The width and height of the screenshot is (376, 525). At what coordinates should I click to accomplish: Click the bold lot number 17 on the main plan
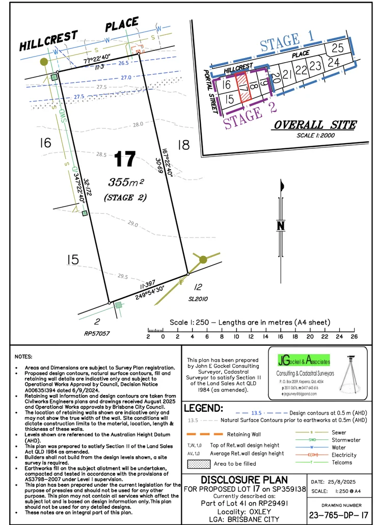pos(125,159)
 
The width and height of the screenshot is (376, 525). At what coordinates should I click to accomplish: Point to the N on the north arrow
pos(280,225)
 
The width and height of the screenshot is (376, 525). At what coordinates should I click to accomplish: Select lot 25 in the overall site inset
pos(337,48)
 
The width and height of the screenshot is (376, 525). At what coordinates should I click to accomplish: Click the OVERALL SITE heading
pos(315,125)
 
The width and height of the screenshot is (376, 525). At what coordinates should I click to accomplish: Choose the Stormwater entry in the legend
pos(346,440)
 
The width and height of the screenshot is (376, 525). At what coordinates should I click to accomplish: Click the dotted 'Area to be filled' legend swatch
pos(199,464)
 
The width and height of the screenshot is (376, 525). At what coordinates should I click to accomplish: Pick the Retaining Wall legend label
pos(243,434)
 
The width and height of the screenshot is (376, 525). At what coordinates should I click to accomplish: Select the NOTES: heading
pos(23,356)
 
